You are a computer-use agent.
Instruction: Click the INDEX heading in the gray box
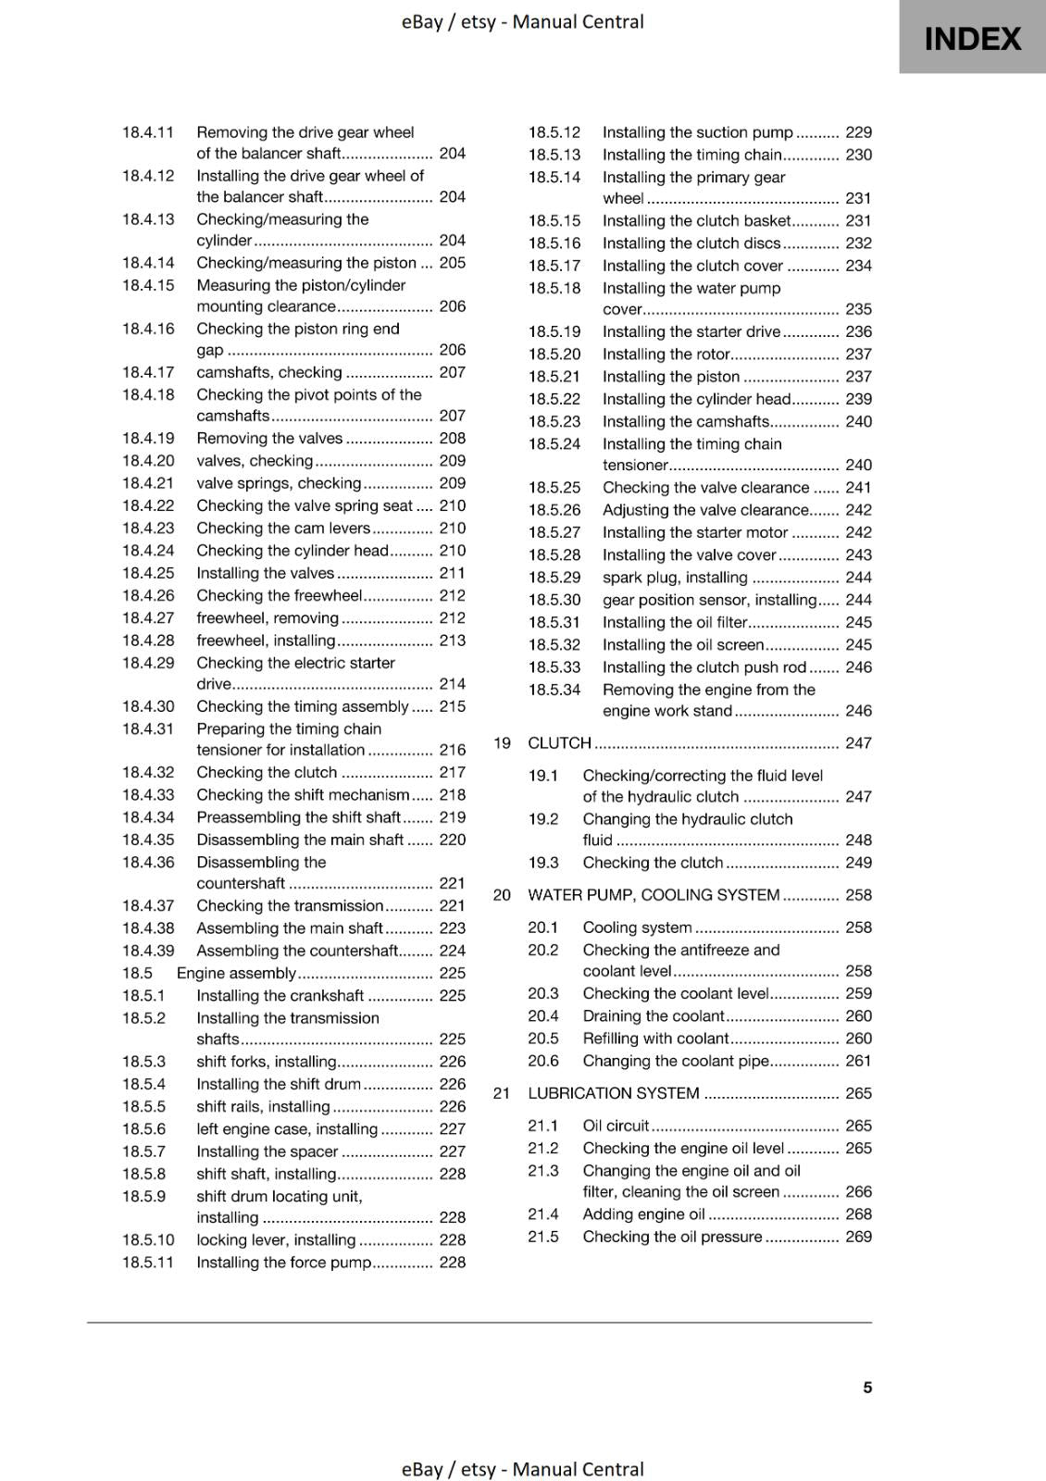point(972,39)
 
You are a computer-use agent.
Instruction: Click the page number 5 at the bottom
point(867,1388)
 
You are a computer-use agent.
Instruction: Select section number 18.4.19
point(148,439)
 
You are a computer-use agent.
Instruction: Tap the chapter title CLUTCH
point(559,743)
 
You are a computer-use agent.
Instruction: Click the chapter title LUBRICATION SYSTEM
point(613,1093)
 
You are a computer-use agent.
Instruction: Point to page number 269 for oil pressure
point(858,1237)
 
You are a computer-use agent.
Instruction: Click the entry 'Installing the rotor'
point(666,355)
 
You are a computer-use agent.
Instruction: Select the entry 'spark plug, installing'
point(675,578)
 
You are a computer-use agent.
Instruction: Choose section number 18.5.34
point(554,691)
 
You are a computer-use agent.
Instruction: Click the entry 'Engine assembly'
point(236,974)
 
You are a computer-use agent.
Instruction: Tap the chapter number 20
point(502,895)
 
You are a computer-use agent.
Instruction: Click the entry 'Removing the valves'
point(269,439)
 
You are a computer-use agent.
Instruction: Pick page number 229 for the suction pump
point(858,132)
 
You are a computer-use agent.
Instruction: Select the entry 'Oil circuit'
point(616,1126)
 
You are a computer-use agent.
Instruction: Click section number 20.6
point(543,1062)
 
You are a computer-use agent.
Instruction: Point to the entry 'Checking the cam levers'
point(283,529)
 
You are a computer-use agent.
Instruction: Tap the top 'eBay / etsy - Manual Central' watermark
point(522,21)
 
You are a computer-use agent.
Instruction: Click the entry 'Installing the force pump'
point(283,1263)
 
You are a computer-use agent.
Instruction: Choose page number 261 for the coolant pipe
point(858,1062)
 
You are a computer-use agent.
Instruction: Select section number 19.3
point(543,863)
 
